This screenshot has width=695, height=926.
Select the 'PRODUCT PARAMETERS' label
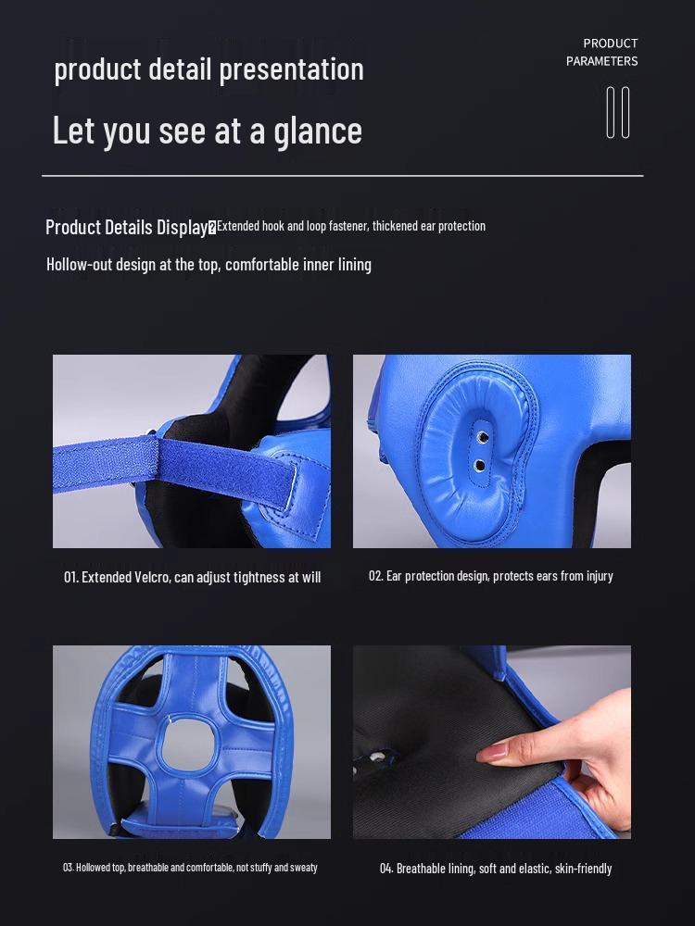click(x=602, y=52)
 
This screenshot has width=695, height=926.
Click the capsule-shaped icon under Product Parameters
click(x=618, y=112)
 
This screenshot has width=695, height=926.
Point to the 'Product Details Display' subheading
click(x=126, y=227)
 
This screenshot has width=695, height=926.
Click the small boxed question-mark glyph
click(x=212, y=227)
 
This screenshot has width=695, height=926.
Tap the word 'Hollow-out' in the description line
click(x=80, y=264)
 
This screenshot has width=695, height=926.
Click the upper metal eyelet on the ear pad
click(x=481, y=436)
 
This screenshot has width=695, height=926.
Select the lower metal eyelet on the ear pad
click(x=479, y=466)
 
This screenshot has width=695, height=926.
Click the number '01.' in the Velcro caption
click(x=71, y=577)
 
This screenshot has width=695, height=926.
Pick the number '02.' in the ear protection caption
click(x=375, y=576)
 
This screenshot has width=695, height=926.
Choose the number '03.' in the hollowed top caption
click(x=68, y=868)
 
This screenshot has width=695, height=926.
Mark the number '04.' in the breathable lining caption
click(x=386, y=869)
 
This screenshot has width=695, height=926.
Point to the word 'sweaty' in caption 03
click(x=303, y=868)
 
